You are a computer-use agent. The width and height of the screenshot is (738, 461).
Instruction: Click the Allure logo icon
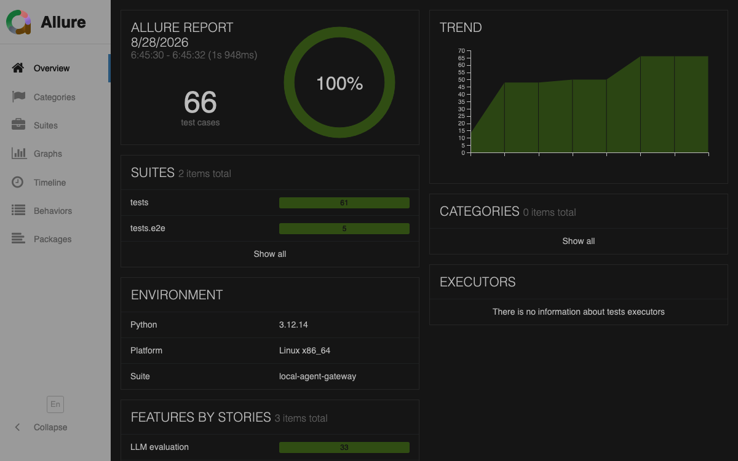pos(18,22)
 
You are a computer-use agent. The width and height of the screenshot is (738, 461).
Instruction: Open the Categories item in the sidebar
pos(54,97)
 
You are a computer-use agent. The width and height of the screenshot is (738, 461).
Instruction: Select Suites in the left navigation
pos(46,125)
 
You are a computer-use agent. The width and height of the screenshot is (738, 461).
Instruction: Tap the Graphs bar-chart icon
pos(19,153)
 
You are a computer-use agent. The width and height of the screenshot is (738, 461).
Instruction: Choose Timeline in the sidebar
pos(50,183)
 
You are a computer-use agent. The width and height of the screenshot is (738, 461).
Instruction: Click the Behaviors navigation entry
pos(53,211)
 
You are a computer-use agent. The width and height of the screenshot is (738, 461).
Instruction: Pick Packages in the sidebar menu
pos(52,239)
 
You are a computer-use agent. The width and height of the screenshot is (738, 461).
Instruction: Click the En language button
pos(55,404)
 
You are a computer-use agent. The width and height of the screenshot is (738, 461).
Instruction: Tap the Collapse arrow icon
pos(17,427)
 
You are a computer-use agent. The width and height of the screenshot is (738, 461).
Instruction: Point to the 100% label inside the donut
pos(339,84)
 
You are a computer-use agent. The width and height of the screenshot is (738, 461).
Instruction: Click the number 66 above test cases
pos(200,102)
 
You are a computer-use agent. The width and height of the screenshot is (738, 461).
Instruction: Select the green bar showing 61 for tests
pos(344,203)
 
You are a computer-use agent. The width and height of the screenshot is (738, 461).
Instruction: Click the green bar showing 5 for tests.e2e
pos(344,229)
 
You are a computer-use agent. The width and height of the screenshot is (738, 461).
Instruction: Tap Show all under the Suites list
pos(270,254)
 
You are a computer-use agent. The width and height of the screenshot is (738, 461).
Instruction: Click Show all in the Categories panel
pos(579,241)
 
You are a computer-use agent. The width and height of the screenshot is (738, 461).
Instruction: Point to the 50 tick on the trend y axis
pos(461,80)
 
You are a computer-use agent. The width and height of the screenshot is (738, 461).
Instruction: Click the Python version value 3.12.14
pos(293,325)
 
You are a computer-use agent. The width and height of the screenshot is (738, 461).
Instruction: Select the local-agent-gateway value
pos(317,376)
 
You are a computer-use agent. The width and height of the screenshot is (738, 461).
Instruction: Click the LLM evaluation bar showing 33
pos(344,447)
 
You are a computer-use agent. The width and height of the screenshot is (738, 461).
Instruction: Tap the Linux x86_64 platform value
pos(304,350)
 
